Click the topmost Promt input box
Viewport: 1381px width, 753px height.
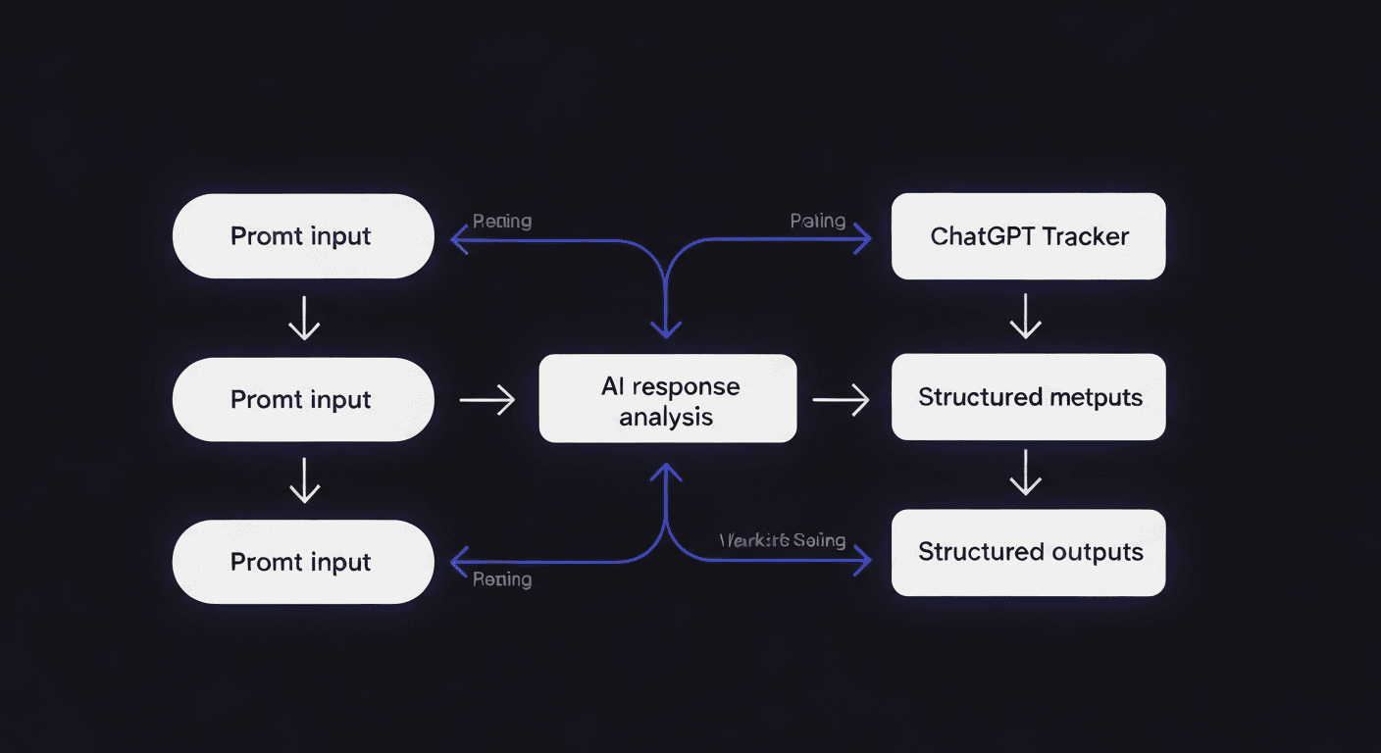coord(302,236)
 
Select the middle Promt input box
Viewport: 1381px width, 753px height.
coord(302,399)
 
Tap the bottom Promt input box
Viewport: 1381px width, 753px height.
coord(302,562)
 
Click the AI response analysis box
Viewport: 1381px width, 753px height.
coord(668,399)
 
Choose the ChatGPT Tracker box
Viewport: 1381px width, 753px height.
coord(1028,236)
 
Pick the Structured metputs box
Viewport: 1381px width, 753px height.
coord(1028,397)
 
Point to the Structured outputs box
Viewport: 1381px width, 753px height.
coord(1028,552)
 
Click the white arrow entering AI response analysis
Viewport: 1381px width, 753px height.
coord(488,399)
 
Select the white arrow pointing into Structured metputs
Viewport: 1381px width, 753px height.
coord(842,399)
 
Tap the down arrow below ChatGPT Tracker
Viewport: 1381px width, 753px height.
coord(1025,317)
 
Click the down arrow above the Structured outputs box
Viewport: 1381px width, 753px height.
coord(1025,473)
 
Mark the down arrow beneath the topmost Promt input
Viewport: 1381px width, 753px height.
coord(304,319)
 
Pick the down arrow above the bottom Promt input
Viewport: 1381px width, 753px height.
coord(304,481)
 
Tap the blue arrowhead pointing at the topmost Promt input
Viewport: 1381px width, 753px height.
coord(458,238)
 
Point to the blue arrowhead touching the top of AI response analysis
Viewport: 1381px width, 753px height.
coord(667,329)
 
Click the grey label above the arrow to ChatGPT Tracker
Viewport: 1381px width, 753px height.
coord(818,221)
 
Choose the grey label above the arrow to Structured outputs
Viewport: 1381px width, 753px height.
coord(782,540)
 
